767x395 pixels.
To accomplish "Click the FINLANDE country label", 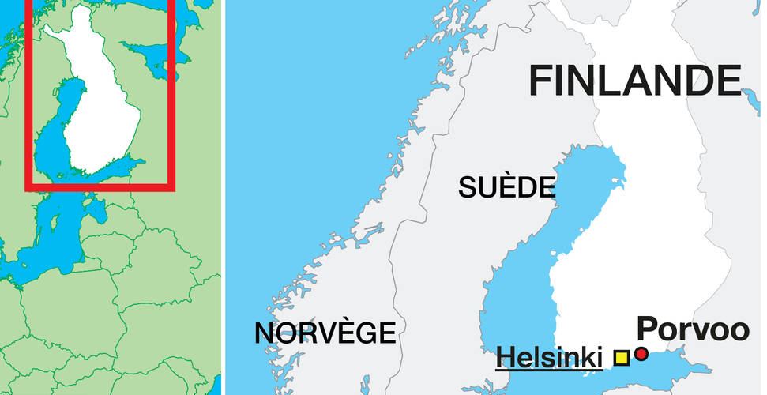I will coord(635,80).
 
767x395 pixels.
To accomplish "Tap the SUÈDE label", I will coord(506,186).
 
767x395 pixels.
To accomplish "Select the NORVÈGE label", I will coord(325,333).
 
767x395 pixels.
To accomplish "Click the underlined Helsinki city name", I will coord(548,356).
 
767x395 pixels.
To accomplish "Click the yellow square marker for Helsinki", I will coord(622,357).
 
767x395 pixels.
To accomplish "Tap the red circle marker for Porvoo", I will coord(641,354).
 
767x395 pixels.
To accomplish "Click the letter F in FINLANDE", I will coord(540,80).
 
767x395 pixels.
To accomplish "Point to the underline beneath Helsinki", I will coord(549,369).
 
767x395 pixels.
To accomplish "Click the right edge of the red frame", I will coord(171,95).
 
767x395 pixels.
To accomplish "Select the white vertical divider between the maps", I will coord(223,197).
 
